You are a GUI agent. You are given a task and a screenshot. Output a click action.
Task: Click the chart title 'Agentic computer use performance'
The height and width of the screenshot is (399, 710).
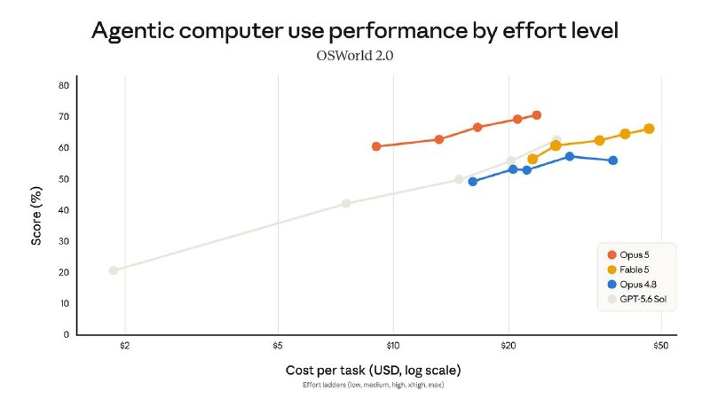(x=280, y=32)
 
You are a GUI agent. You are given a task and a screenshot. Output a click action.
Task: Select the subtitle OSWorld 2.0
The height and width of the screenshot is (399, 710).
(x=354, y=56)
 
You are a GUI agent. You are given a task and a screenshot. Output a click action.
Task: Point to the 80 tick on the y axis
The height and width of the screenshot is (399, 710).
(x=63, y=85)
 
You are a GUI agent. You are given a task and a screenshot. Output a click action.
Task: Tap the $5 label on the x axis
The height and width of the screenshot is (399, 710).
(x=278, y=346)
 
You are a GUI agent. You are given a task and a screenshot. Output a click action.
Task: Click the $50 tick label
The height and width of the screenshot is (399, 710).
(x=660, y=346)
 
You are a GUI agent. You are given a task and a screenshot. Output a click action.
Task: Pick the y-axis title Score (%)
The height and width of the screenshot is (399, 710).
(x=36, y=215)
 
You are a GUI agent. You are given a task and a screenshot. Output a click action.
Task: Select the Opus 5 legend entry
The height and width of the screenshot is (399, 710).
(x=628, y=254)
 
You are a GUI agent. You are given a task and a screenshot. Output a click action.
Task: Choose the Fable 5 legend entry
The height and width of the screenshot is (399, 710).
(x=628, y=270)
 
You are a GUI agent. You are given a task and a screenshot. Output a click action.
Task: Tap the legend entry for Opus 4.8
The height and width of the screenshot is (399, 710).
(x=632, y=285)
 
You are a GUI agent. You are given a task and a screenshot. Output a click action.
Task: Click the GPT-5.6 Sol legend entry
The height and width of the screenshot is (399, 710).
(x=637, y=299)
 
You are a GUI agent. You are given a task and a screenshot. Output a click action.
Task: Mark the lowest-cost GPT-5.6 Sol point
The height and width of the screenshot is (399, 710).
(x=114, y=270)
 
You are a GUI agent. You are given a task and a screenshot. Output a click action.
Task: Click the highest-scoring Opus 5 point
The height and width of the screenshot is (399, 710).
(x=537, y=115)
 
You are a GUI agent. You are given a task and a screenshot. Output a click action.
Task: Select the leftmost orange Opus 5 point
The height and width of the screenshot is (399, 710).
(x=376, y=146)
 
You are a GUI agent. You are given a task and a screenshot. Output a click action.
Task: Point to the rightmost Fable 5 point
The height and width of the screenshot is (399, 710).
(x=649, y=129)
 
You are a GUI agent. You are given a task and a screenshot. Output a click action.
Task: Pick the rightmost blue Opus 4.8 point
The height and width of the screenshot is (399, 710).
(x=613, y=160)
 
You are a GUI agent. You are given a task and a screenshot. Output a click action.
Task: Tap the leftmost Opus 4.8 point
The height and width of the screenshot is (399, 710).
(x=473, y=182)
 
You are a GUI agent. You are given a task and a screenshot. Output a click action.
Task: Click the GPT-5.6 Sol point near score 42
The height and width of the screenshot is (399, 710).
(x=346, y=204)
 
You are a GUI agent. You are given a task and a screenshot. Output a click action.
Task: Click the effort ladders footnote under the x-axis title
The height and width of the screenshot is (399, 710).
(x=374, y=385)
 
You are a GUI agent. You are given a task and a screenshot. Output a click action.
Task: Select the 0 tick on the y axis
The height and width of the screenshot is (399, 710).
(x=66, y=335)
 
